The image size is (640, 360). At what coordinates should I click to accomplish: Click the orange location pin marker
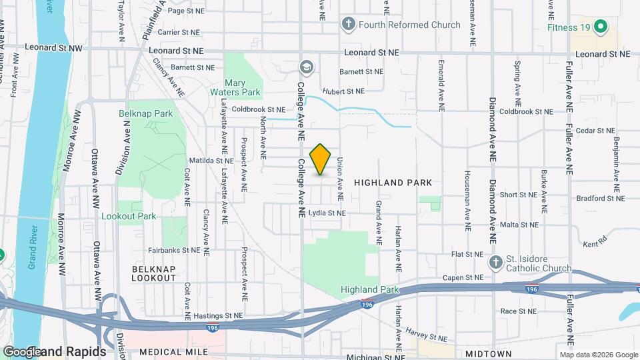point(321,159)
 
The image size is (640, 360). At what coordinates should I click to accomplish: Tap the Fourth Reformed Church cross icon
point(347,25)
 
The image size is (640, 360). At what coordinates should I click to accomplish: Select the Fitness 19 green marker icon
point(600,27)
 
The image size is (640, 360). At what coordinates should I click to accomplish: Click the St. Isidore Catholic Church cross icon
point(495,263)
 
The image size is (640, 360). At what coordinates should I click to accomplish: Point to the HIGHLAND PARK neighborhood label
point(393,182)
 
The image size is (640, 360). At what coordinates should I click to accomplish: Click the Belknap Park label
point(145,114)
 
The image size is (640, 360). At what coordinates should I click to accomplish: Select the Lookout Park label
point(128,216)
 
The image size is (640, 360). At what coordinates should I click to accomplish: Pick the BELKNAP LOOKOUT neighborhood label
point(153,273)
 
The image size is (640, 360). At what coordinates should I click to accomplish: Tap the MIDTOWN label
point(489,353)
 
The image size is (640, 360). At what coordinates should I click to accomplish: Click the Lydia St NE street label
point(327,213)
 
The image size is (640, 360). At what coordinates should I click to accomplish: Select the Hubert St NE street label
point(344,91)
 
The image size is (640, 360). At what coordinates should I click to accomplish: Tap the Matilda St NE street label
point(211,161)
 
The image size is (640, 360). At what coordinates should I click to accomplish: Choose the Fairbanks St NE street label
point(173,251)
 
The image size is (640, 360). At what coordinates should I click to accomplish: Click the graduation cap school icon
point(307,67)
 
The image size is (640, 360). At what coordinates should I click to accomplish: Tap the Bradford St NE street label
point(601,198)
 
